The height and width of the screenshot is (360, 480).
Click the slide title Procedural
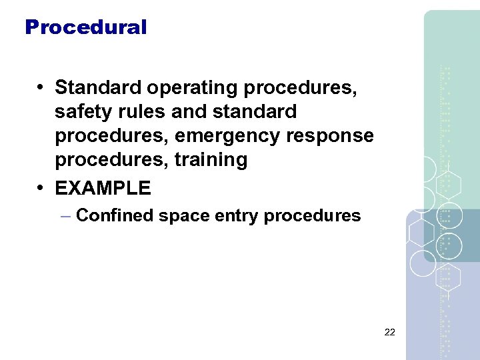(85, 27)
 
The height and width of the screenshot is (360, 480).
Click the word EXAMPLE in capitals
(103, 188)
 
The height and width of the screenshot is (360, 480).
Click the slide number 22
(390, 331)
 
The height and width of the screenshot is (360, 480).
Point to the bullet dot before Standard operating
(41, 87)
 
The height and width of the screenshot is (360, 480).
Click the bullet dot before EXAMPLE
(41, 188)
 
